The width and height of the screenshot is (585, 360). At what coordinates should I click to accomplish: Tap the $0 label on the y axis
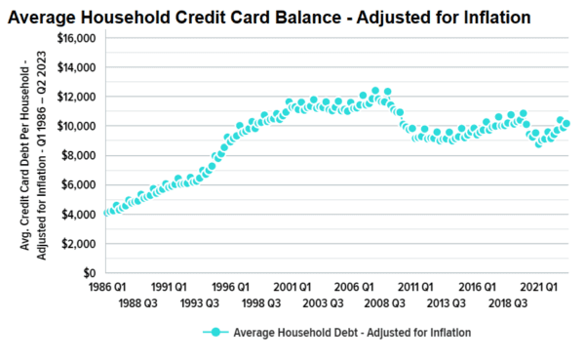[x=86, y=272]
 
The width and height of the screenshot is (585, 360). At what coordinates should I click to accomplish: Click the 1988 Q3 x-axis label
[x=138, y=303]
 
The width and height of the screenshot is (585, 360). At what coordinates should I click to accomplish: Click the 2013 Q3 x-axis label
[x=447, y=303]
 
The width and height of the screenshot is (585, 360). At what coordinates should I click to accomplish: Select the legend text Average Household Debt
[x=352, y=333]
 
